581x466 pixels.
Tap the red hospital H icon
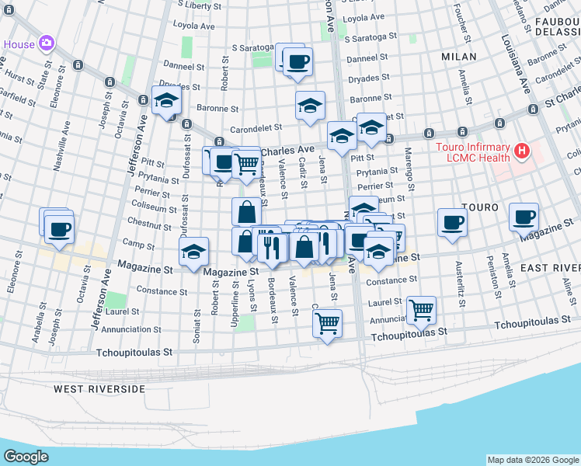(522, 150)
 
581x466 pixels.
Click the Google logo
(26, 456)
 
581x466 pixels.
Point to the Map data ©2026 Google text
(532, 460)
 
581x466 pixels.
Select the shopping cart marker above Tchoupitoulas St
(328, 321)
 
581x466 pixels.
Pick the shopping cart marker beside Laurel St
(421, 309)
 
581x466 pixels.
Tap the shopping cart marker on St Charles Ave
(246, 163)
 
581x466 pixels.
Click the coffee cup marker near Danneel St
(297, 61)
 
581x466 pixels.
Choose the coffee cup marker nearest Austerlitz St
(452, 222)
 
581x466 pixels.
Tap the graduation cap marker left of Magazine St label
(194, 252)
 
